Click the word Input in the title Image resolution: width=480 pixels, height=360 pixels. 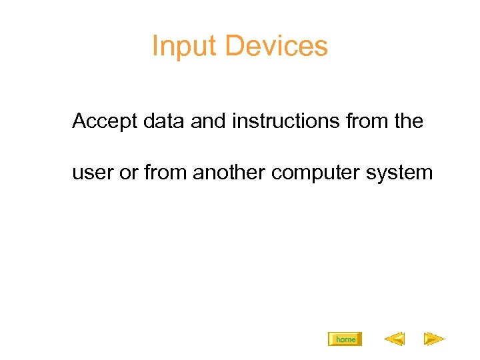[185, 47]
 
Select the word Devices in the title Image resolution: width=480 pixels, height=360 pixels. [276, 46]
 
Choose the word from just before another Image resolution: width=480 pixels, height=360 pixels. [165, 173]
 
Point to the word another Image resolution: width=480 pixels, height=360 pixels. [229, 173]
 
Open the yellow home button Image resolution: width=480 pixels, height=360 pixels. [345, 339]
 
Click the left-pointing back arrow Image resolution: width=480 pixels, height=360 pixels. [394, 340]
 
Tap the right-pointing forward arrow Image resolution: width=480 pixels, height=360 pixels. [434, 340]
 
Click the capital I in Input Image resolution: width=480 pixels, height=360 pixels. [155, 46]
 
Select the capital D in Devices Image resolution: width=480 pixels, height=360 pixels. [234, 46]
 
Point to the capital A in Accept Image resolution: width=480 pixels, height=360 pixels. [79, 121]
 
